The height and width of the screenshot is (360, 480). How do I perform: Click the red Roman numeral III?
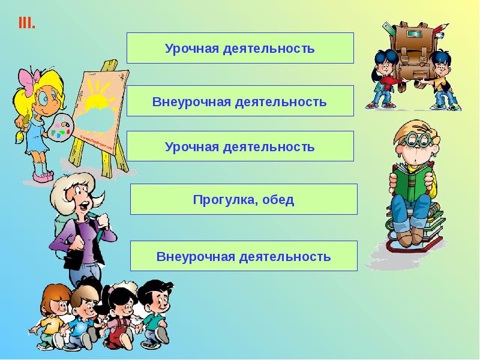[27, 24]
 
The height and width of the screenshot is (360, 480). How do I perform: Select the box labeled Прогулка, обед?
[244, 199]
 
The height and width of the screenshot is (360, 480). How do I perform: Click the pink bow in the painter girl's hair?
[28, 78]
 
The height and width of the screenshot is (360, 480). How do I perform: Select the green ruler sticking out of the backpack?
[386, 30]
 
